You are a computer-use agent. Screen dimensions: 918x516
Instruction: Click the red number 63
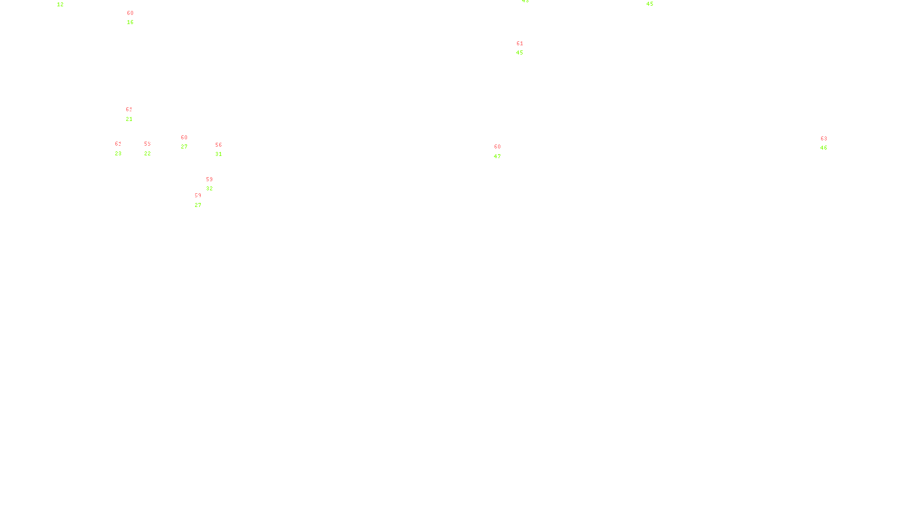pos(824,139)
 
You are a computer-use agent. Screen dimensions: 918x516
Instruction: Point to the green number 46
pos(824,148)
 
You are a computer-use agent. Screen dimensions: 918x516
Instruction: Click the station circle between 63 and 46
pos(829,143)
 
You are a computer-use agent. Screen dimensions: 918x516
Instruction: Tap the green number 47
pos(497,157)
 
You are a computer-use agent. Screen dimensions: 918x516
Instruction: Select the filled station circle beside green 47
pos(503,151)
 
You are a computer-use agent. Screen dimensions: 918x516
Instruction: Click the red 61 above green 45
pos(520,44)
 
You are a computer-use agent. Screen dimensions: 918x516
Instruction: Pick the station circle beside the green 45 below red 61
pos(525,48)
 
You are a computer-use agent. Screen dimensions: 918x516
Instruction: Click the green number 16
pos(130,22)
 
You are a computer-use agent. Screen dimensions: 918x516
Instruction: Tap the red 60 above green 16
pos(130,13)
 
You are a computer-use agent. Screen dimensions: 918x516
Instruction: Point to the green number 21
pos(129,119)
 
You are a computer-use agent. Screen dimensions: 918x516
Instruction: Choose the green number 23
pos(118,154)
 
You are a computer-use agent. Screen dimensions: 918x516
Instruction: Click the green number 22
pos(147,154)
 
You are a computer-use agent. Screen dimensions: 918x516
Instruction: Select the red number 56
pos(219,145)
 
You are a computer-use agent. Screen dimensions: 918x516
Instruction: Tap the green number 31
pos(219,154)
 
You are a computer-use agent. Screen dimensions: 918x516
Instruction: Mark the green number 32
pos(209,189)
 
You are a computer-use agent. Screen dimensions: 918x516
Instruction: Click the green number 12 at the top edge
pos(60,5)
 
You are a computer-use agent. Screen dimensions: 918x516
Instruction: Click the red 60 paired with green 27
pos(184,138)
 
